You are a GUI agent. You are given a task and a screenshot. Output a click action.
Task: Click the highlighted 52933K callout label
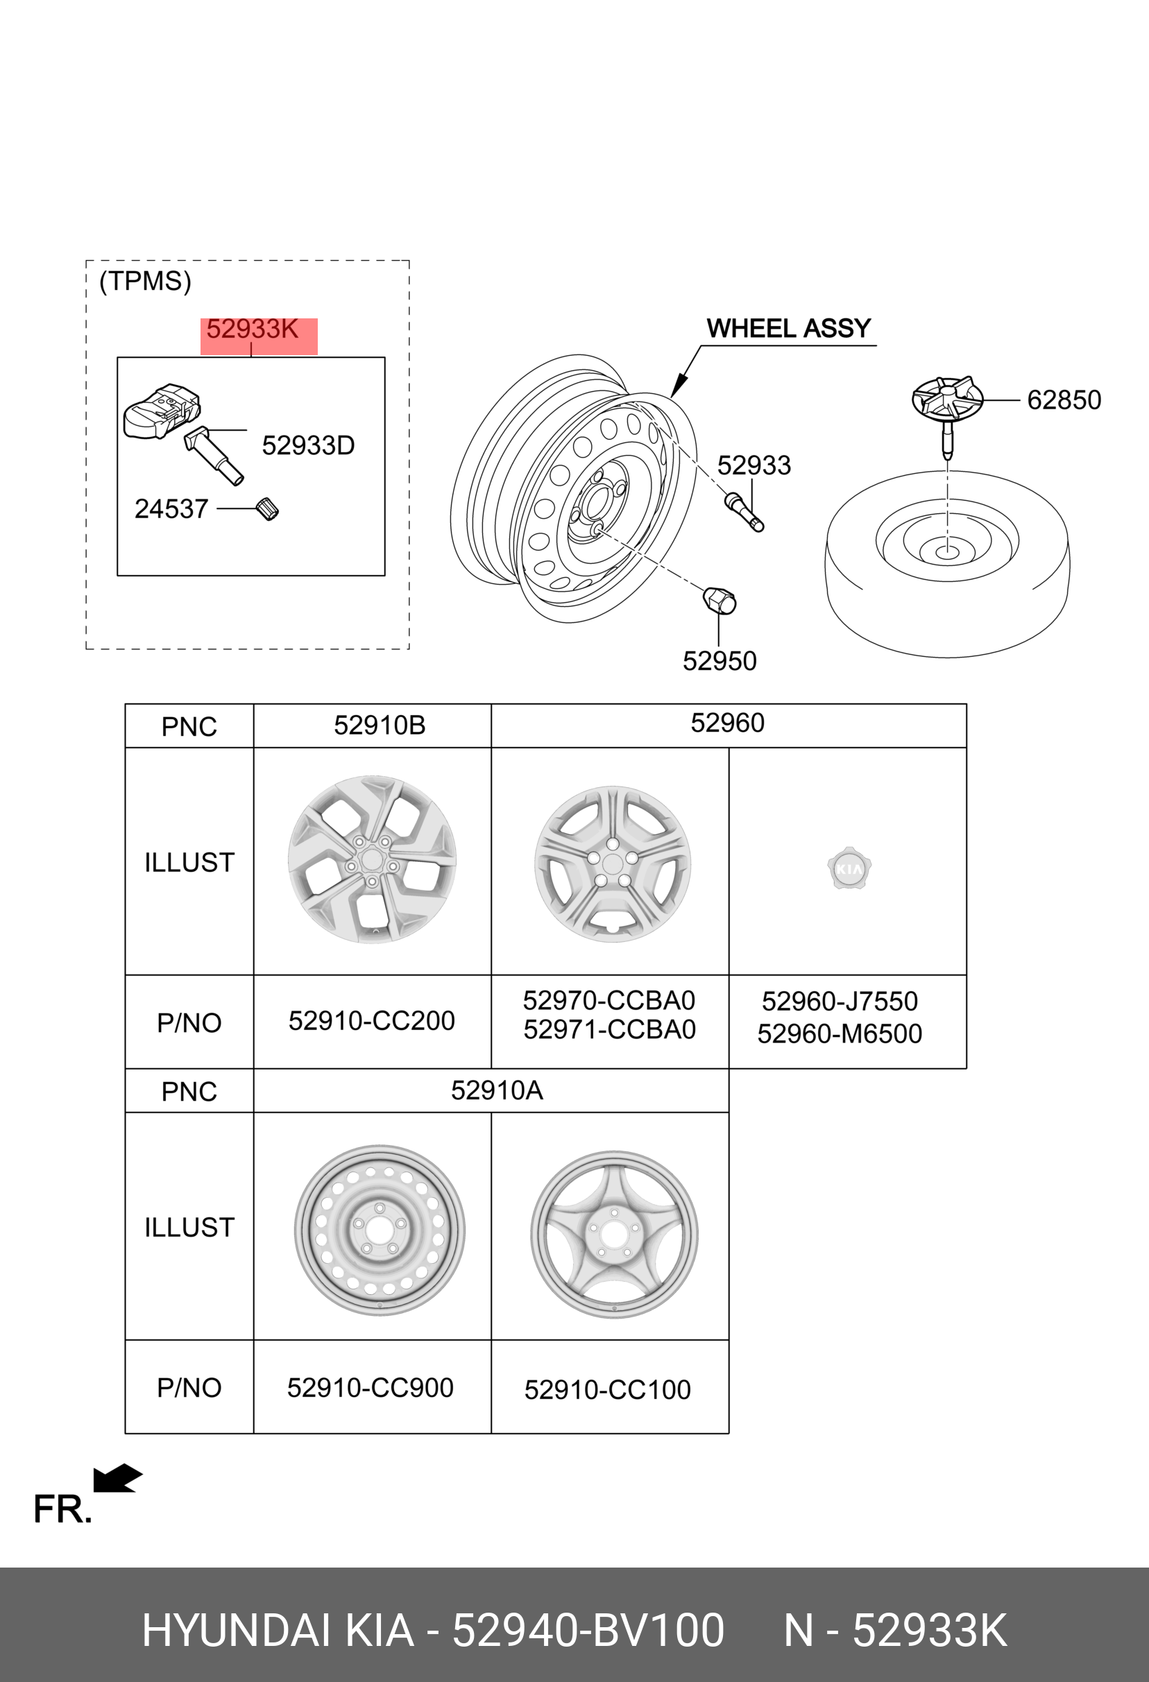[253, 330]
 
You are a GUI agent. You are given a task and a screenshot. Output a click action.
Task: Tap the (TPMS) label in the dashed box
[146, 282]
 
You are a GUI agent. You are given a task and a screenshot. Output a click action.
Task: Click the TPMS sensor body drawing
[160, 411]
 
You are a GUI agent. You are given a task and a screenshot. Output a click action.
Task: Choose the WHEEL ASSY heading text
[788, 329]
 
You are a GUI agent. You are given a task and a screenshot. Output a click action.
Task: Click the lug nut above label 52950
[720, 601]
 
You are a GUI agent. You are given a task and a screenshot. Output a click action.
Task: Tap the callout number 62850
[1064, 400]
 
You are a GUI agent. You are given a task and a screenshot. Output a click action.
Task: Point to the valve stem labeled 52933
[744, 511]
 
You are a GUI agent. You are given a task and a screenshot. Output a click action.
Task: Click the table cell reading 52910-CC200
[371, 1021]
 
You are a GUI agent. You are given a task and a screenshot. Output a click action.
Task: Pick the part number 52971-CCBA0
[610, 1030]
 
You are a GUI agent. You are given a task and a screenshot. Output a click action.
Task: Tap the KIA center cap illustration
[849, 868]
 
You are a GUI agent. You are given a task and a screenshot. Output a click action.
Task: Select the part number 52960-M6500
[840, 1034]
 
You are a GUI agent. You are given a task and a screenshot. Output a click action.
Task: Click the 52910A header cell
[497, 1090]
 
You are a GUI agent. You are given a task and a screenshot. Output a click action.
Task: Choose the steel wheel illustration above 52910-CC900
[380, 1230]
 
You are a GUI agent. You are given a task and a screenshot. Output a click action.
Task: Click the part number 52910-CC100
[607, 1390]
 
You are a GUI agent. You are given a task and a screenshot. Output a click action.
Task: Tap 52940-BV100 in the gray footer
[588, 1631]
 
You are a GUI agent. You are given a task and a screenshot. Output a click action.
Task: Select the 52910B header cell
[380, 726]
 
